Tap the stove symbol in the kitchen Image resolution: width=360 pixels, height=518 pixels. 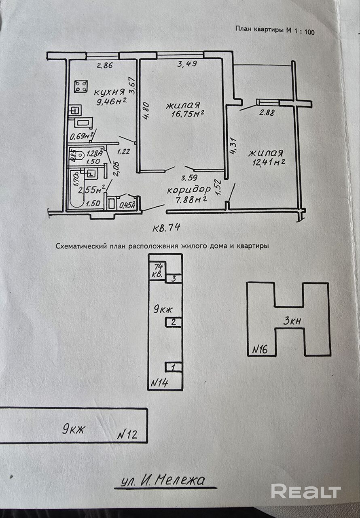point(81,86)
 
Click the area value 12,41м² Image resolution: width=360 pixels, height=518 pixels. point(267,163)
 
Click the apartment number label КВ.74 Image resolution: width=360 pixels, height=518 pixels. point(166,228)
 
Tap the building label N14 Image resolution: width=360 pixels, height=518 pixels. point(159,382)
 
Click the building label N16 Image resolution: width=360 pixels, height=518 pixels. point(261,348)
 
